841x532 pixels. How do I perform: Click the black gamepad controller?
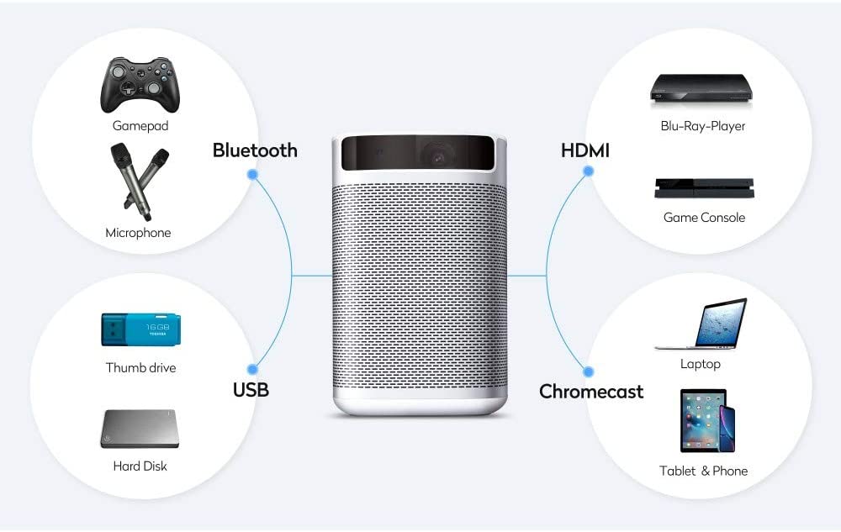point(140,84)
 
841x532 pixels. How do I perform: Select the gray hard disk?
point(140,429)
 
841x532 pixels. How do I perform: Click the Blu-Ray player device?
point(701,88)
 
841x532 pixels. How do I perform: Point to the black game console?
point(704,187)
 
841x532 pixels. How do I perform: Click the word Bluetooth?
point(255,150)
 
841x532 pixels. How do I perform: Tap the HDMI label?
point(585,150)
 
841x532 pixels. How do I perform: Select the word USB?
point(251,390)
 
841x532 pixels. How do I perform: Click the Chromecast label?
point(591,392)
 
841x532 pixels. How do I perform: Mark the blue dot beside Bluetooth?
point(252,173)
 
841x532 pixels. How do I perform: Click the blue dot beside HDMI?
point(589,171)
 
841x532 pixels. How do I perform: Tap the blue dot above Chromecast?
point(589,370)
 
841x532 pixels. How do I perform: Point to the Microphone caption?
point(138,233)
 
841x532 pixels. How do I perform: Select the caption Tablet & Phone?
point(703,471)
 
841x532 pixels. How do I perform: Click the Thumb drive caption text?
point(140,367)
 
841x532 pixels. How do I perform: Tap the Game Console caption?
point(704,218)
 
